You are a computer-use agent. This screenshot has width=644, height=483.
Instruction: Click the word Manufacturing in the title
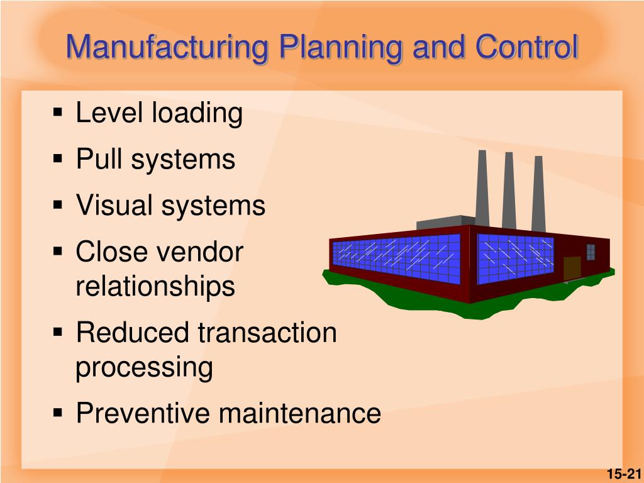pyautogui.click(x=167, y=47)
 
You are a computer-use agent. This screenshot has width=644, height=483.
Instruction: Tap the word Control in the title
pyautogui.click(x=527, y=46)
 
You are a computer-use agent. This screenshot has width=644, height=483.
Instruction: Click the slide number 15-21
pyautogui.click(x=624, y=474)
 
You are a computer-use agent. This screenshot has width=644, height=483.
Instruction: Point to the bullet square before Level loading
pyautogui.click(x=58, y=112)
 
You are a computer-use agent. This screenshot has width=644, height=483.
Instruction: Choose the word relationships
pyautogui.click(x=155, y=286)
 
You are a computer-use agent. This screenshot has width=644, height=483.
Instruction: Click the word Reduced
pyautogui.click(x=133, y=332)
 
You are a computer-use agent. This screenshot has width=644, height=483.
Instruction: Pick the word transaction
pyautogui.click(x=267, y=332)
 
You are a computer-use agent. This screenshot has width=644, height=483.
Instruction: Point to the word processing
pyautogui.click(x=144, y=367)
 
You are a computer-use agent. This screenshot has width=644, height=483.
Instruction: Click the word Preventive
pyautogui.click(x=143, y=413)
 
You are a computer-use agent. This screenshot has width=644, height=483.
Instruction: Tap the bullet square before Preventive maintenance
pyautogui.click(x=58, y=412)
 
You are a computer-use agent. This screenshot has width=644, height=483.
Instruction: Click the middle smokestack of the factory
pyautogui.click(x=509, y=190)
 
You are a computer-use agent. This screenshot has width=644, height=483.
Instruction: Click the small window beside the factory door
pyautogui.click(x=591, y=252)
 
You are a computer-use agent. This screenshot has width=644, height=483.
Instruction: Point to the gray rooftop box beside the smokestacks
pyautogui.click(x=446, y=222)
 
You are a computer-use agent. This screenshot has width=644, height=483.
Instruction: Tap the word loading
pyautogui.click(x=197, y=113)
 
